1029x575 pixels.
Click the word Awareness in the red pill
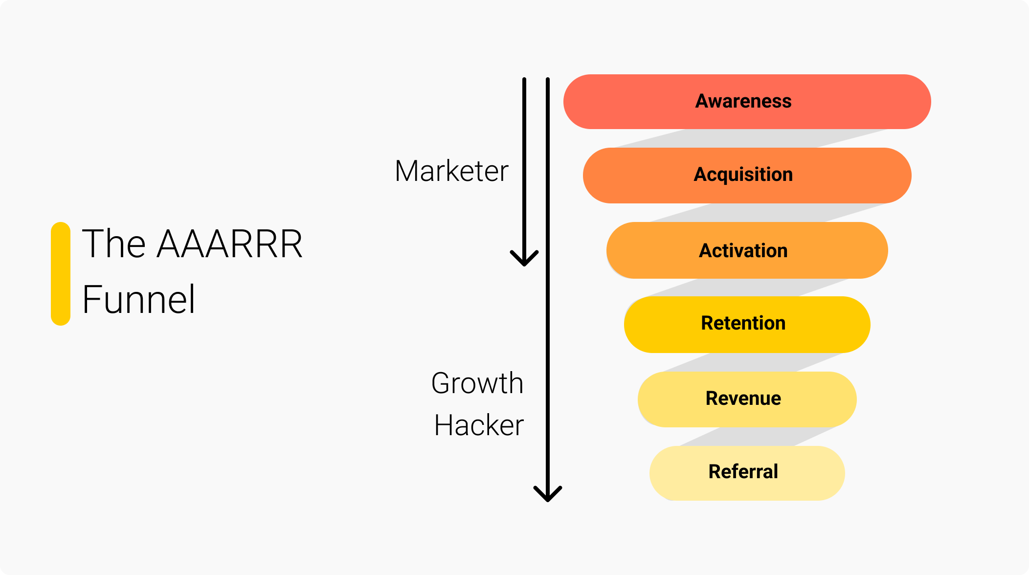tap(743, 101)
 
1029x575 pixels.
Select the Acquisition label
tap(743, 175)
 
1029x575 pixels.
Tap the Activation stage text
tap(743, 251)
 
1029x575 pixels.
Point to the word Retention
tap(743, 323)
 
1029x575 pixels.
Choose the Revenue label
tap(743, 398)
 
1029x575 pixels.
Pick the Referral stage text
tap(743, 472)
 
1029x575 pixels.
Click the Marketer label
tap(451, 171)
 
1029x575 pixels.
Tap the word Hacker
tap(479, 425)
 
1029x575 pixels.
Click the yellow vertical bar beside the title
tap(61, 274)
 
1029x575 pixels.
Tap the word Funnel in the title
tap(139, 299)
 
